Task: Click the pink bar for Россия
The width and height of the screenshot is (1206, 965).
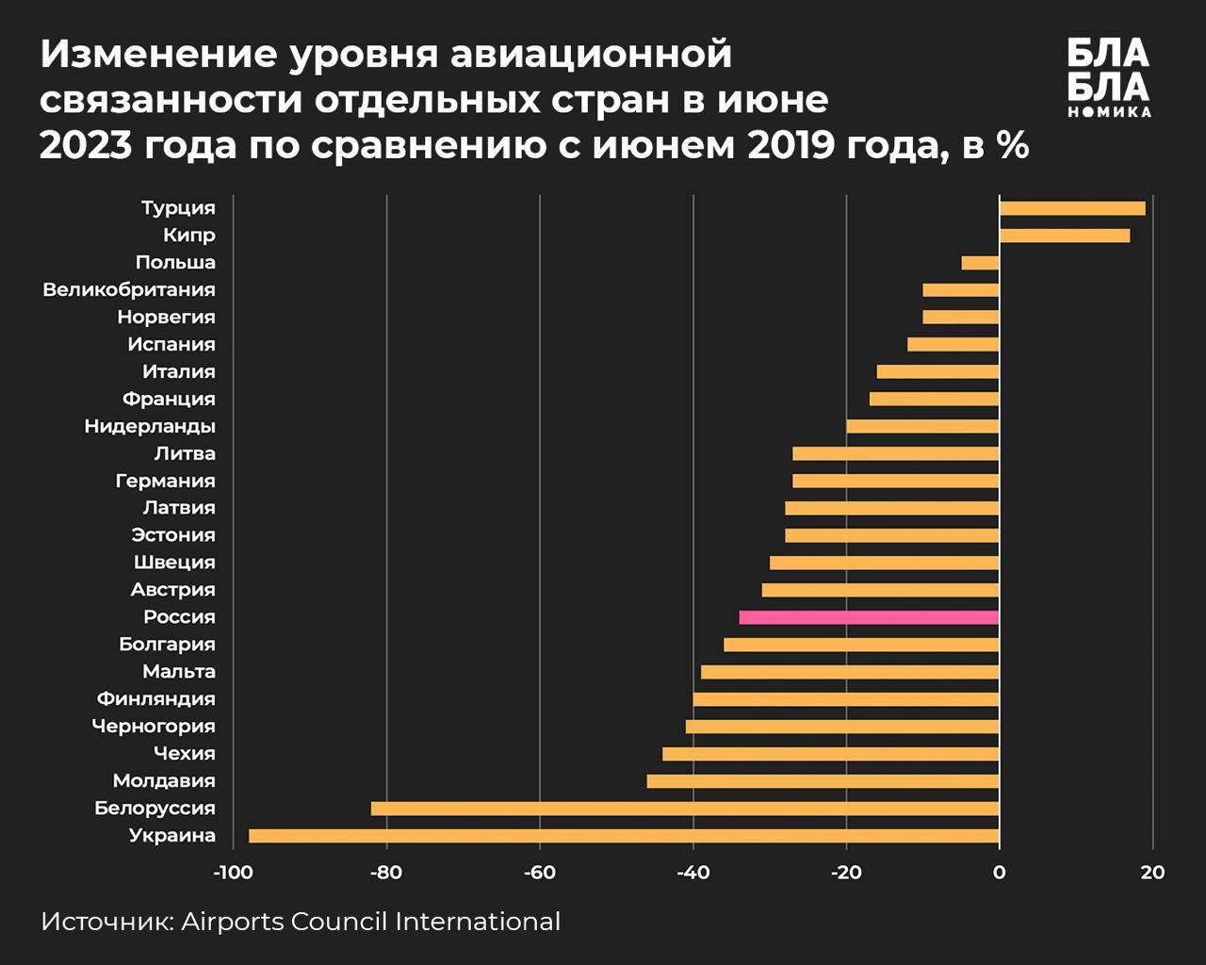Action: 869,617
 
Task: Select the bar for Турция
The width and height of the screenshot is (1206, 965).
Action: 1072,208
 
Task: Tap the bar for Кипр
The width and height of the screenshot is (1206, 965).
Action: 1065,236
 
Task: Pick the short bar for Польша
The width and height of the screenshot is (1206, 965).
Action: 980,263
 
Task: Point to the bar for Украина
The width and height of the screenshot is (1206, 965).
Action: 624,836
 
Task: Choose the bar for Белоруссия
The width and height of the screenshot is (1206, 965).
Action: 685,809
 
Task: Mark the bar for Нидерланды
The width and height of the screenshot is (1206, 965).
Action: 922,426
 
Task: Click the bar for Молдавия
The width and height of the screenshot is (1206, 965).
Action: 823,781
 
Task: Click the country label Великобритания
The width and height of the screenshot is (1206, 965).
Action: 129,290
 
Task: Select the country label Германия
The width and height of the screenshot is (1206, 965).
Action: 166,482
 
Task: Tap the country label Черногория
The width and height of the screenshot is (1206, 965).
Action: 154,727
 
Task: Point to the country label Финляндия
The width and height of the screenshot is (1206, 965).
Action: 156,699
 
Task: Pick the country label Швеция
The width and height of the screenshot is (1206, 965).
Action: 174,563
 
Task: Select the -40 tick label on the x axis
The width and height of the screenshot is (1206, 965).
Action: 693,873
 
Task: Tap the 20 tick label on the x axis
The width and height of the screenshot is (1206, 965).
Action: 1152,873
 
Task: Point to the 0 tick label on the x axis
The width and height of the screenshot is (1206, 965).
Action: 999,873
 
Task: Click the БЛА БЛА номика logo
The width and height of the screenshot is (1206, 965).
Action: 1109,77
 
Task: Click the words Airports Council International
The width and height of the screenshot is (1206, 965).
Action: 370,922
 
